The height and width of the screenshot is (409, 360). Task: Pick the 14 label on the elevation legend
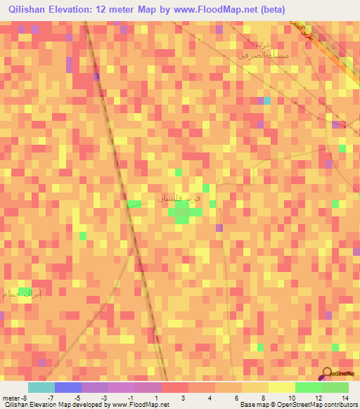coord(345,398)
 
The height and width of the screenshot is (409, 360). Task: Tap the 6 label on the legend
coord(238,398)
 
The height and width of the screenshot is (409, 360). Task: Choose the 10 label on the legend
coord(291,398)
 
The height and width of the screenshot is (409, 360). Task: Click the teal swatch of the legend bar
coord(41,387)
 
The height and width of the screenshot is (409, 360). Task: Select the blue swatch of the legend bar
coord(67,387)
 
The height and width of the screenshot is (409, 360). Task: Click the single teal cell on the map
coord(266,100)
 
